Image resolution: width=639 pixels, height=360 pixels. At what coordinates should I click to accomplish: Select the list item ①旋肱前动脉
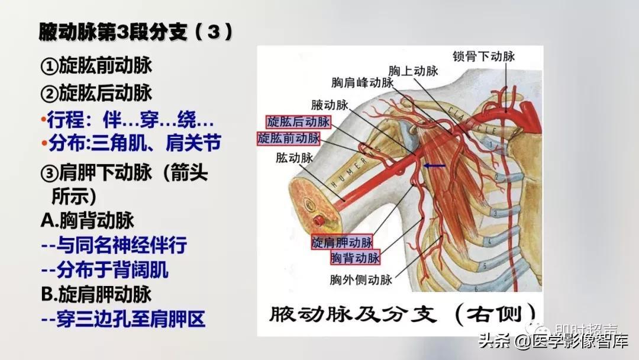(96, 65)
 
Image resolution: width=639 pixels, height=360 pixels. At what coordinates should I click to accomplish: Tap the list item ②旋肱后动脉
(96, 93)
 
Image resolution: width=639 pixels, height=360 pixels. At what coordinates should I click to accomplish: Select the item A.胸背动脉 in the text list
(88, 221)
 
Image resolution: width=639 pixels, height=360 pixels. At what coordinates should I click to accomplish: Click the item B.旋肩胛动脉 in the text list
(96, 294)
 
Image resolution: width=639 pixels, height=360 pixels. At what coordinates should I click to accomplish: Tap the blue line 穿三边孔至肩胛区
(123, 319)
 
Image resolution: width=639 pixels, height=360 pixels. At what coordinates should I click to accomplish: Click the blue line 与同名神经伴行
(114, 245)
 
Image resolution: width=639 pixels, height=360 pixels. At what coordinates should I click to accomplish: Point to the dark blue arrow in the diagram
(434, 166)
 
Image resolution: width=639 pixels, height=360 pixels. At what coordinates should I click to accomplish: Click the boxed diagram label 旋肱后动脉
(298, 121)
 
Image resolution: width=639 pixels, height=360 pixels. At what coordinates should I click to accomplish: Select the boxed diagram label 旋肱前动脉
(289, 138)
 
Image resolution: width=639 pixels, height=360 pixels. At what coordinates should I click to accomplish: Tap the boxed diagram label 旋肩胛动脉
(343, 242)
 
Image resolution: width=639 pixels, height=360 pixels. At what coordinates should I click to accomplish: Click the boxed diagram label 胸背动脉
(355, 257)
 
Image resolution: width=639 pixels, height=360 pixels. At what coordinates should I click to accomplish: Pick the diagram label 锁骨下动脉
(484, 56)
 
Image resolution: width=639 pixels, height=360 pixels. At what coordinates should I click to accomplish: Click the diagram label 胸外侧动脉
(361, 279)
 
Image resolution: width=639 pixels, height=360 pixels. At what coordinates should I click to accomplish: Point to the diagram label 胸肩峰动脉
(362, 82)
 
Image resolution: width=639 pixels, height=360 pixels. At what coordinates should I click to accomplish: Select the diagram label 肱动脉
(294, 157)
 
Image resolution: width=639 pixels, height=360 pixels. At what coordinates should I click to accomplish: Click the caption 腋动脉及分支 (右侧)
(403, 314)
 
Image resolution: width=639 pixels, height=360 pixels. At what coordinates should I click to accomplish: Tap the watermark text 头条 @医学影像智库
(553, 340)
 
